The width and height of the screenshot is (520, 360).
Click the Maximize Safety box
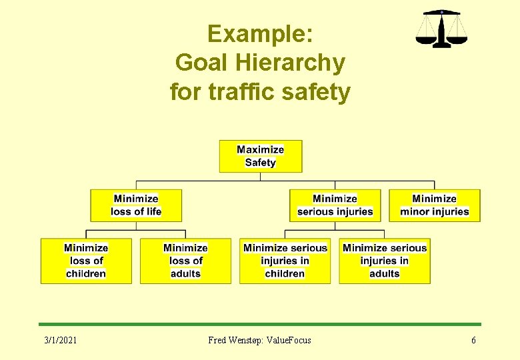261,156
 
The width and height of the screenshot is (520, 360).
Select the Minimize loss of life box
136,205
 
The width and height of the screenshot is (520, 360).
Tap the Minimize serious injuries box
335,205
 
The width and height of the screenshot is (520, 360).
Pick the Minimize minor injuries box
434,205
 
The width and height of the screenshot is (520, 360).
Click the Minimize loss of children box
86,261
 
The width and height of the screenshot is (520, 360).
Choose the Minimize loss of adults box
185,261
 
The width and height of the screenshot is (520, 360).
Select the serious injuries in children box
285,261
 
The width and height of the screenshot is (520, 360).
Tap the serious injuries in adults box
384,261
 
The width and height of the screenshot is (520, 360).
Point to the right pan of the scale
457,39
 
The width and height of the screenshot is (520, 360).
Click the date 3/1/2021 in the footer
61,341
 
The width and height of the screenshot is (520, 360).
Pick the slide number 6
473,341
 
